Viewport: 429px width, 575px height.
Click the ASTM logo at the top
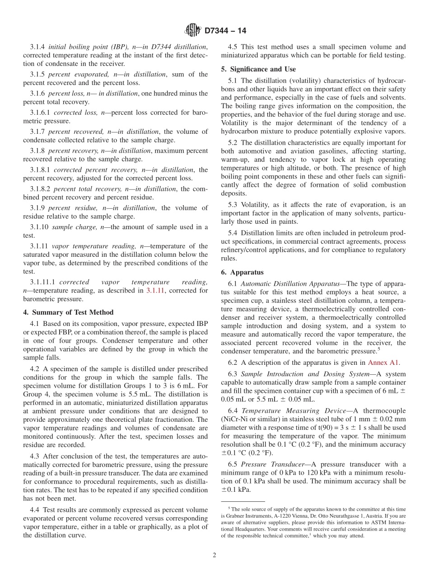click(193, 30)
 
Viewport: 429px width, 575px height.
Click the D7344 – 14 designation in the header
click(225, 31)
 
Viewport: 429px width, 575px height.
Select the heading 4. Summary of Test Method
click(68, 312)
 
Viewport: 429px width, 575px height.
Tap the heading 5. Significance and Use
click(258, 69)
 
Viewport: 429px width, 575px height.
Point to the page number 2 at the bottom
click(214, 556)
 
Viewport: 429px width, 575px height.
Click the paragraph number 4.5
click(233, 47)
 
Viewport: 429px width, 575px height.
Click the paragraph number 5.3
click(233, 204)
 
